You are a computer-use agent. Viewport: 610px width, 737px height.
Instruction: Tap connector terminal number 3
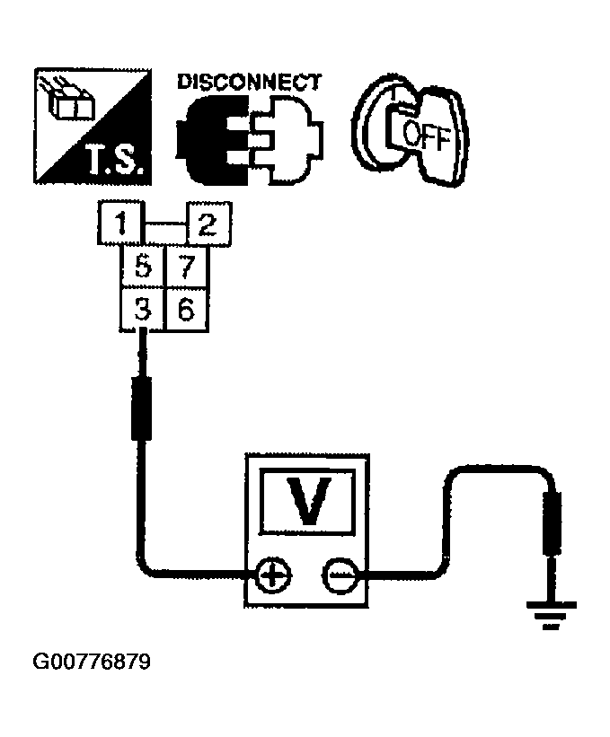click(x=142, y=310)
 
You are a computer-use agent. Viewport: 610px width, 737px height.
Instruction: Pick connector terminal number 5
click(x=142, y=267)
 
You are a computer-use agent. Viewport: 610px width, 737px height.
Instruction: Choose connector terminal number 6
click(x=185, y=310)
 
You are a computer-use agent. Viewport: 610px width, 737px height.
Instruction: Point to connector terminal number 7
click(x=185, y=267)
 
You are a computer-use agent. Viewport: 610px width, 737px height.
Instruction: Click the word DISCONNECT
click(x=248, y=82)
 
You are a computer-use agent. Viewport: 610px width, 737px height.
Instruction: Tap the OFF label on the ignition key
click(x=423, y=136)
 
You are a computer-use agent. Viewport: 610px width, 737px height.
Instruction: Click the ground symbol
click(x=549, y=618)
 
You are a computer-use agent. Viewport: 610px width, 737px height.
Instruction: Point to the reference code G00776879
click(x=91, y=663)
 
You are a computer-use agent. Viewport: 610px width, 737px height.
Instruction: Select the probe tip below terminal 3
click(x=141, y=409)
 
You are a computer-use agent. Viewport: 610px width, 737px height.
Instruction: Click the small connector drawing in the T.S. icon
click(x=66, y=100)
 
